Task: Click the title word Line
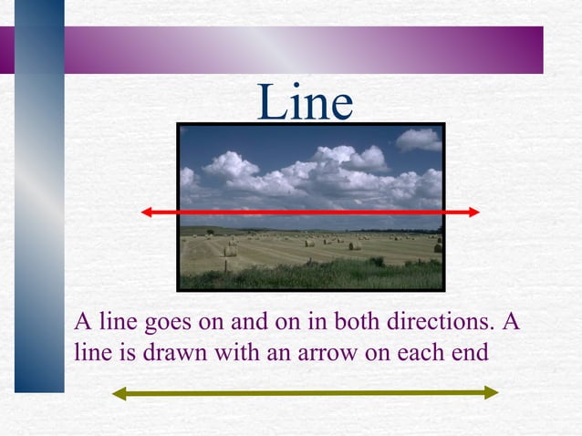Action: pyautogui.click(x=305, y=102)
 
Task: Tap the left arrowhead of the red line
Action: pyautogui.click(x=147, y=212)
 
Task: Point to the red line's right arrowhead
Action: pyautogui.click(x=473, y=212)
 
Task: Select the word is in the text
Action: pyautogui.click(x=125, y=351)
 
